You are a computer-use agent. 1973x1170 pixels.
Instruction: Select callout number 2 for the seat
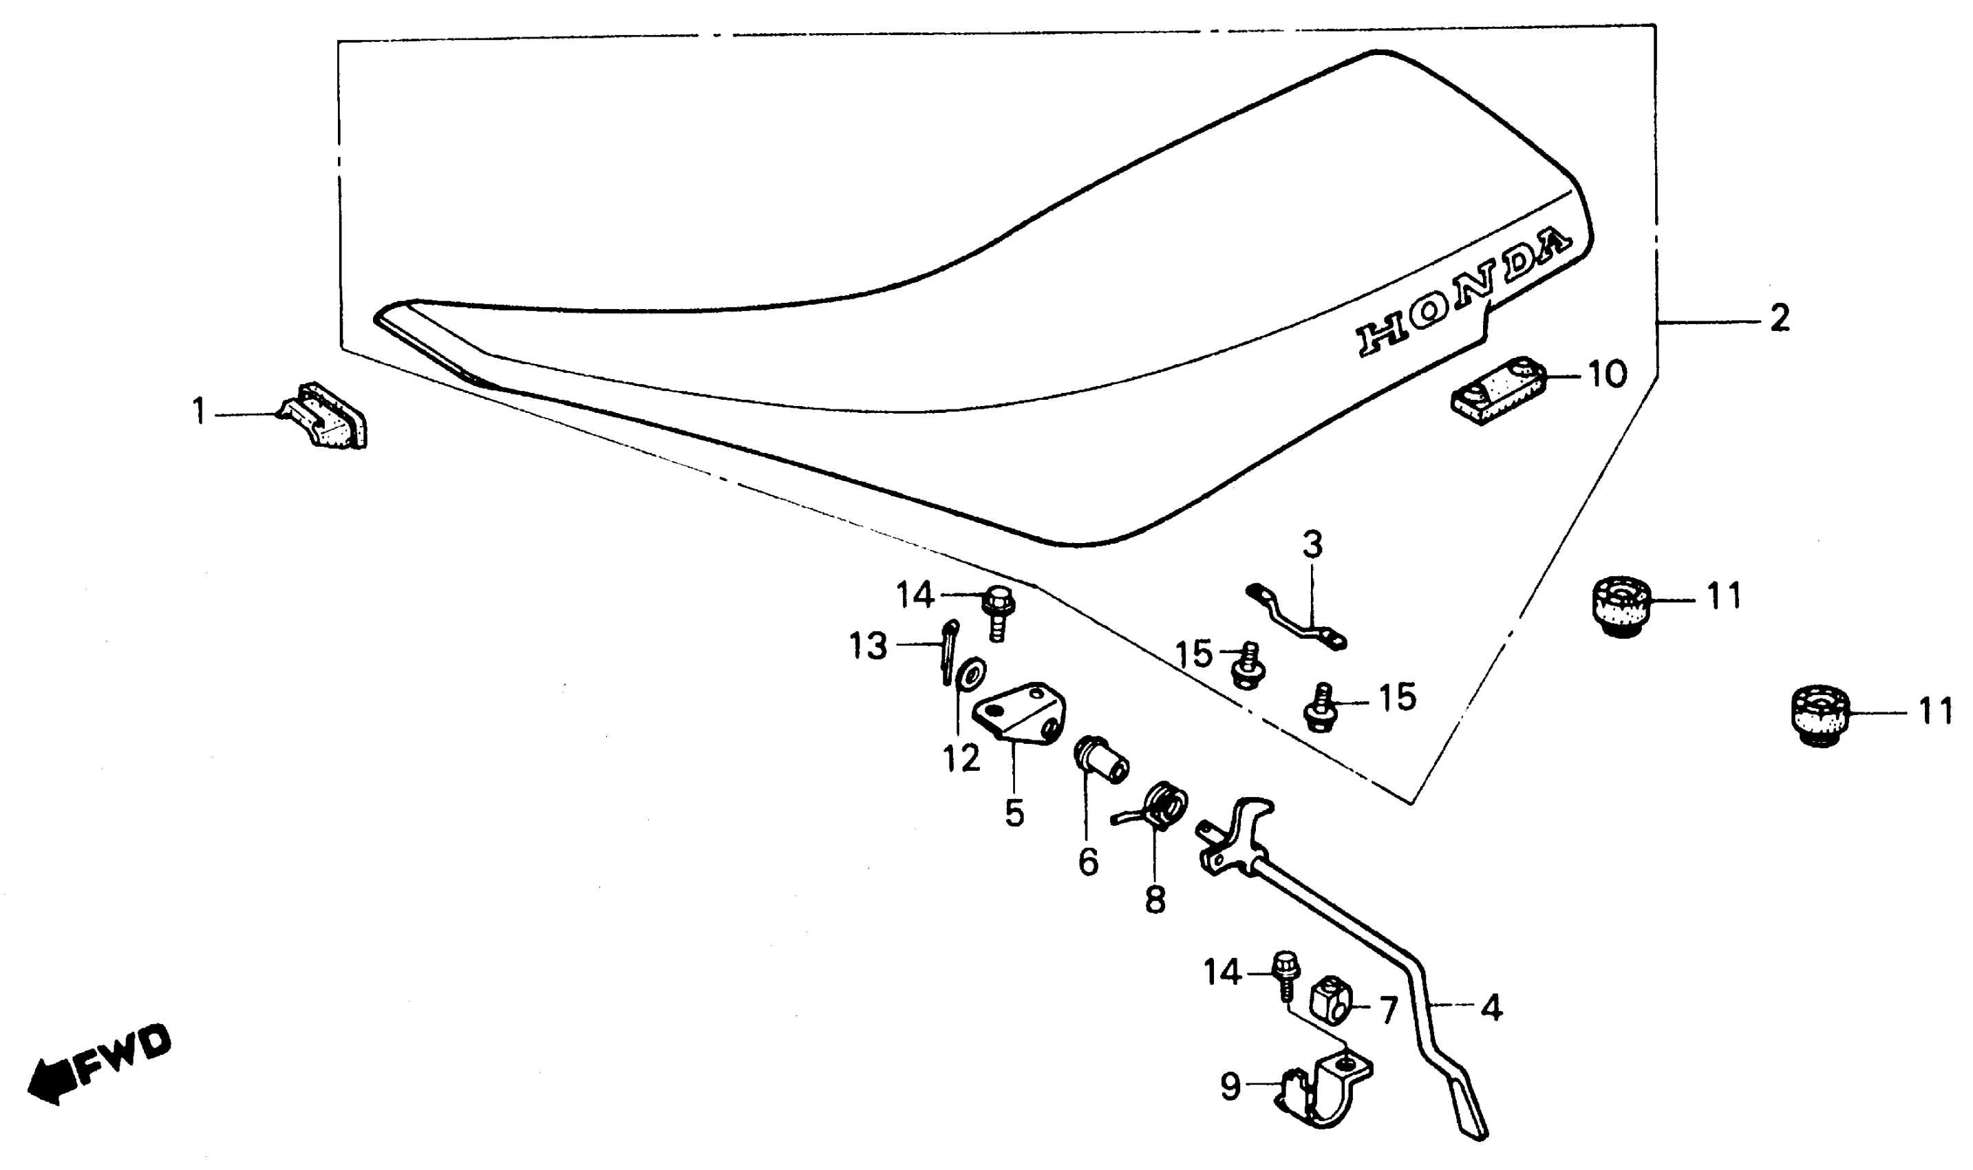pos(1779,319)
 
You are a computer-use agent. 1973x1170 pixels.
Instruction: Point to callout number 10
pos(1606,374)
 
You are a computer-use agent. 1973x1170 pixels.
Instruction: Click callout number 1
pos(200,412)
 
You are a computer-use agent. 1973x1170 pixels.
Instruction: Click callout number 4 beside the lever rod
pos(1491,1008)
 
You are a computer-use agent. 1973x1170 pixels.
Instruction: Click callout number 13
pos(868,646)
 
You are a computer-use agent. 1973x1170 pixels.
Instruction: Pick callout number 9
pos(1230,1087)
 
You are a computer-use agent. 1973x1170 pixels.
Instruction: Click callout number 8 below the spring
pos(1155,900)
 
